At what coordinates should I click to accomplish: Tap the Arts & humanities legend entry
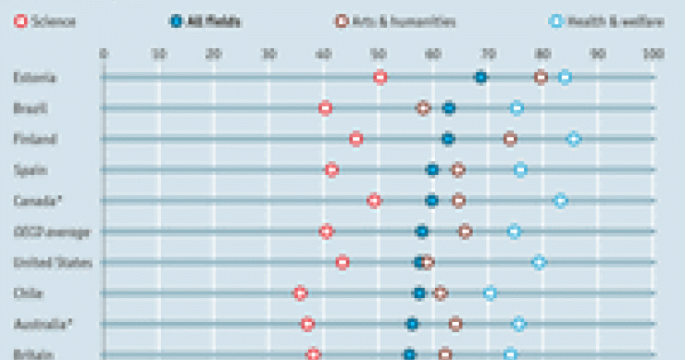click(x=395, y=19)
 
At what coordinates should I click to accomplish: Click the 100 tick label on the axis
click(x=652, y=54)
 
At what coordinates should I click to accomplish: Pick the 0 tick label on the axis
click(x=102, y=54)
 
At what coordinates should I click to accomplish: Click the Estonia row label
click(x=35, y=78)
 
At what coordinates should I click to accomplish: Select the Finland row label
click(x=36, y=140)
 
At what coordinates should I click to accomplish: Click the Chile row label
click(x=27, y=293)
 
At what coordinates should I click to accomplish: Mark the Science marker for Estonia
click(x=380, y=77)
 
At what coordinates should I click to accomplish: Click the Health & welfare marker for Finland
click(x=574, y=139)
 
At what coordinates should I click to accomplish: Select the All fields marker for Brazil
click(x=449, y=108)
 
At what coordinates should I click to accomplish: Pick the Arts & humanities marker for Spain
click(x=457, y=169)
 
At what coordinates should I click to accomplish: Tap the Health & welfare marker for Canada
click(x=560, y=200)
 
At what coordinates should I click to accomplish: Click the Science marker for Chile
click(x=300, y=293)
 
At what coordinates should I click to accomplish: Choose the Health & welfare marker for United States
click(x=539, y=262)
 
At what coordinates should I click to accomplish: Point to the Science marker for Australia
click(x=307, y=324)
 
